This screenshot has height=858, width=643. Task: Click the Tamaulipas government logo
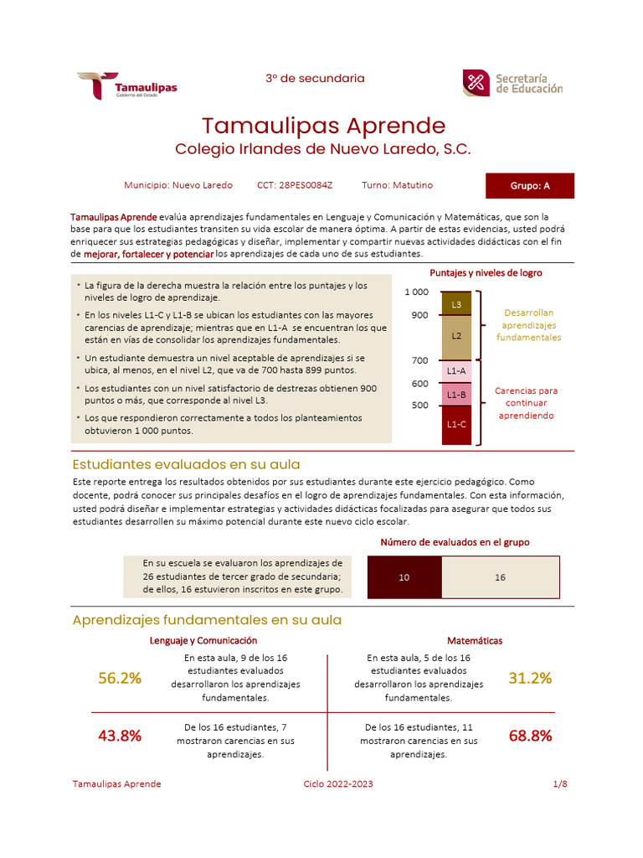tap(127, 86)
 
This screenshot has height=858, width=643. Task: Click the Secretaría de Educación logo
tap(512, 83)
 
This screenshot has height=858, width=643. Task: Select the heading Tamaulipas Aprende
tap(323, 126)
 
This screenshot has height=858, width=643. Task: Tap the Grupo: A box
tap(530, 186)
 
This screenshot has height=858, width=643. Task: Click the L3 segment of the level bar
tap(456, 304)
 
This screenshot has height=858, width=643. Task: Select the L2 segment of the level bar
tap(456, 336)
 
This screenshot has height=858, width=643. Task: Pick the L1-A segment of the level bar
tap(456, 371)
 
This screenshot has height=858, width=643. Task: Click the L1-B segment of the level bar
tap(456, 395)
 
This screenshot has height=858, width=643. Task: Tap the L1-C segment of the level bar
tap(456, 424)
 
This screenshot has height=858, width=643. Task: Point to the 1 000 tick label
tap(416, 292)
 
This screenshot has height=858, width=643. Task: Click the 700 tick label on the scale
tap(419, 361)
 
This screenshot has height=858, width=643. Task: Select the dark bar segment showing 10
tap(404, 577)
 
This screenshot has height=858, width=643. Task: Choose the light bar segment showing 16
tap(500, 577)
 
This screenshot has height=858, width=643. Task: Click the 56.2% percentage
tap(120, 679)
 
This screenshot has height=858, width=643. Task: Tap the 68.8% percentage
tap(530, 737)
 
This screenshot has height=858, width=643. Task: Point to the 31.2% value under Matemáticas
tap(530, 679)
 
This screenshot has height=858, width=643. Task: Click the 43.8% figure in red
tap(120, 737)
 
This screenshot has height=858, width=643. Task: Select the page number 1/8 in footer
tap(560, 784)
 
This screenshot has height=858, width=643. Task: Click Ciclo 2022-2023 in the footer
tap(338, 784)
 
